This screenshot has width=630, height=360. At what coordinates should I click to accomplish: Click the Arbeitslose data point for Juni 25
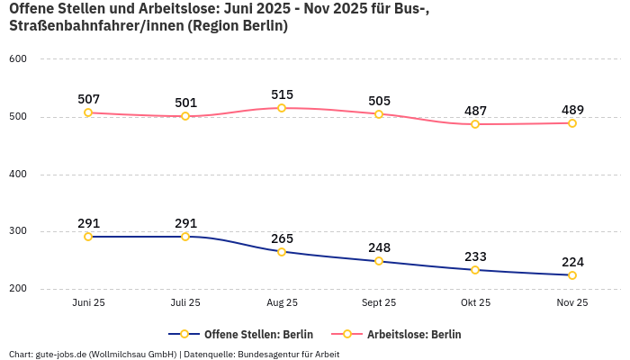coord(88,112)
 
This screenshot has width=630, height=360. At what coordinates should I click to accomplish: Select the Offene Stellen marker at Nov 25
coord(572,275)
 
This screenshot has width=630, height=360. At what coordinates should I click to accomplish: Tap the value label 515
coord(282,94)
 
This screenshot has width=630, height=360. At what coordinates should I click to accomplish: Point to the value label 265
coord(282,238)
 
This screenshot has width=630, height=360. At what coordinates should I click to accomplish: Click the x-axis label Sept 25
coord(379,303)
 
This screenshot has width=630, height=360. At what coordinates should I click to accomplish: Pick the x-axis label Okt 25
coord(475,303)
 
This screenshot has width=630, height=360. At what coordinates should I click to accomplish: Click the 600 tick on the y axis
coord(18,59)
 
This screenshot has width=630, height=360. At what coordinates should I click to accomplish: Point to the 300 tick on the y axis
coord(18,231)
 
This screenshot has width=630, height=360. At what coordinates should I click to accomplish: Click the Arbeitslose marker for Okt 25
coord(475,124)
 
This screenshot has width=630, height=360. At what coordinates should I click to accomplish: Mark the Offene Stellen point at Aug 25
coord(282,252)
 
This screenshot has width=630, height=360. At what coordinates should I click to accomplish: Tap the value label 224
coord(572,262)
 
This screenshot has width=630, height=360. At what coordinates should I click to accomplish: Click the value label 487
coord(475,111)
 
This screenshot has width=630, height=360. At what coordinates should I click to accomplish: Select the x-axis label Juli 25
coord(185,303)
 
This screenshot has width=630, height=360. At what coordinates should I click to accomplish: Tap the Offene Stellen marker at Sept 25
coord(379,261)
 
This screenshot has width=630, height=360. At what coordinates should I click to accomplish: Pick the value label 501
coord(185,103)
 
